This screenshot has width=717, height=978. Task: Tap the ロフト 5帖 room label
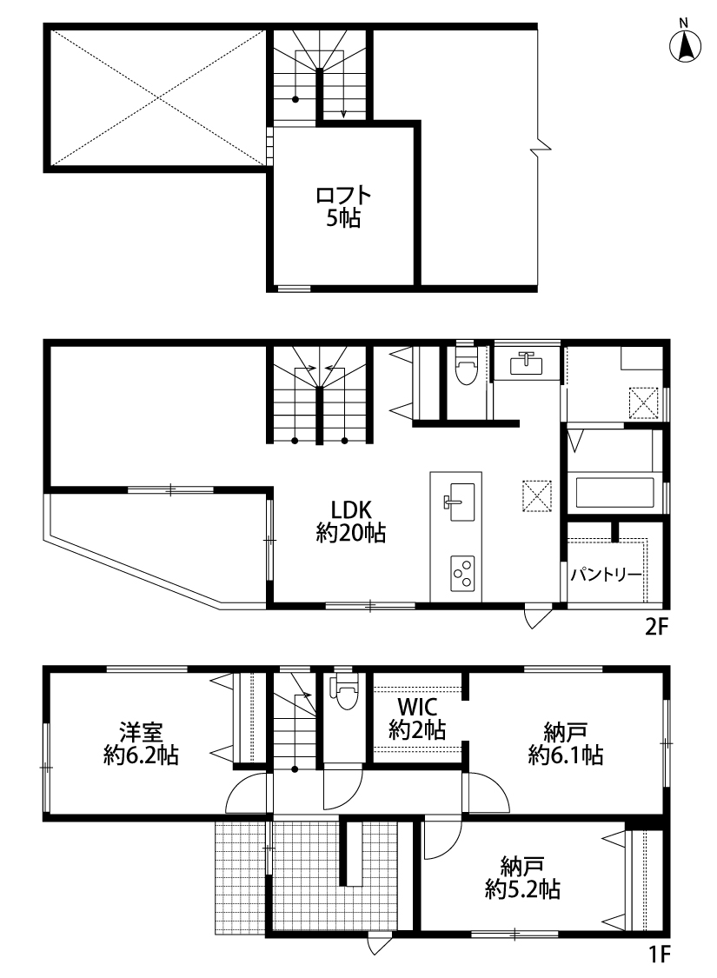click(x=343, y=206)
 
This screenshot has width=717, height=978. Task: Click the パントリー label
click(x=606, y=574)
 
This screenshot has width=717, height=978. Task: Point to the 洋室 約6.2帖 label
click(x=141, y=743)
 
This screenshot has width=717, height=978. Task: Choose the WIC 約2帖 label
click(x=417, y=718)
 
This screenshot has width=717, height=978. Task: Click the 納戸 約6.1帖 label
click(x=566, y=743)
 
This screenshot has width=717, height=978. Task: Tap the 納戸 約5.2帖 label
click(x=522, y=877)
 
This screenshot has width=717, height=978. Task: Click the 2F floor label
click(x=656, y=627)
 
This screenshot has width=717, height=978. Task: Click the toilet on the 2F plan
click(x=465, y=366)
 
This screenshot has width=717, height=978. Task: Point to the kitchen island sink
click(x=460, y=502)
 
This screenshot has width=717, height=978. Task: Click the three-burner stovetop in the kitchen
click(x=462, y=573)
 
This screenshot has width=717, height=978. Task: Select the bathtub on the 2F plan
click(x=614, y=493)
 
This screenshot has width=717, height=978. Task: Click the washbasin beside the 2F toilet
click(x=527, y=363)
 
